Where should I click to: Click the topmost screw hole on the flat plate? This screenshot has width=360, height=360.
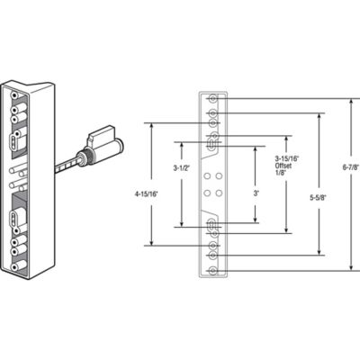[212, 98]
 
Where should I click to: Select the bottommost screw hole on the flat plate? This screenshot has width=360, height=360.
[212, 269]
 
